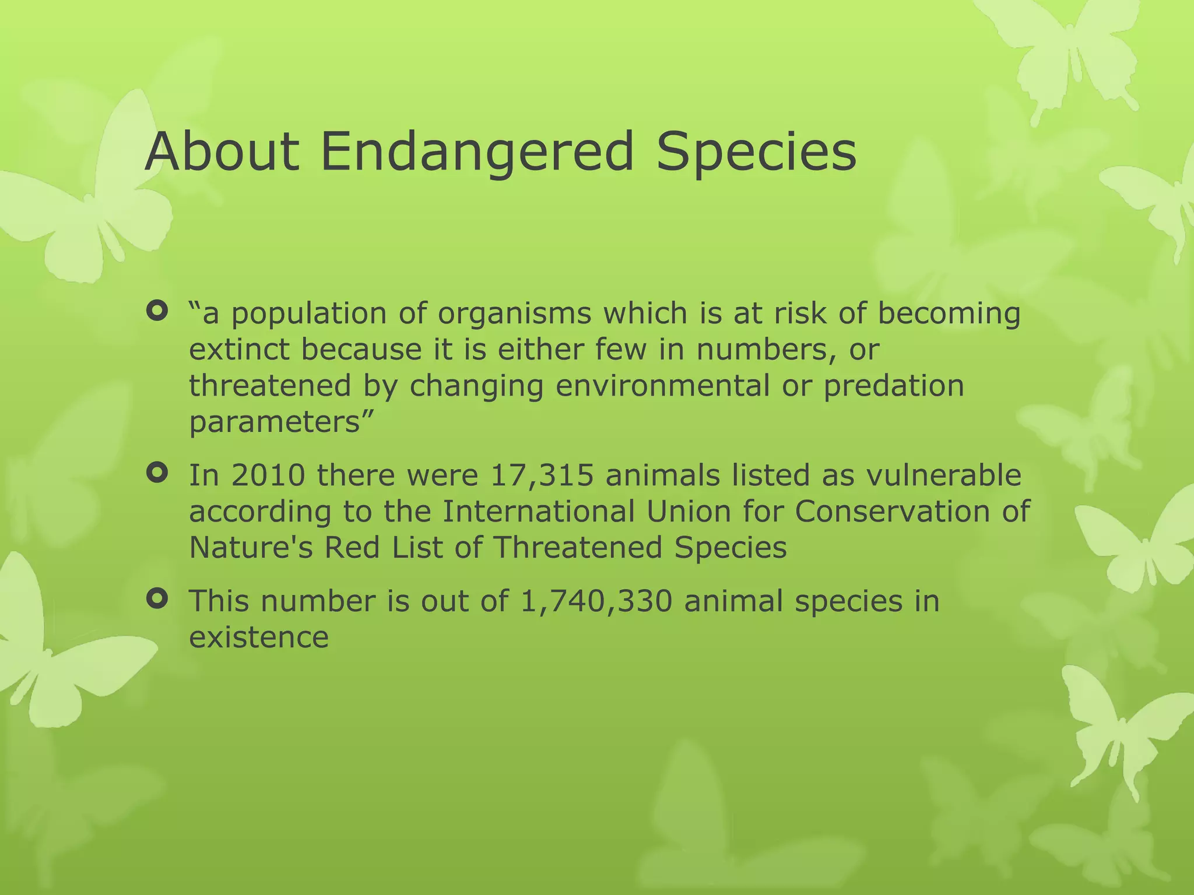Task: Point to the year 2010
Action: [268, 475]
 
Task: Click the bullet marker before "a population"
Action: [157, 312]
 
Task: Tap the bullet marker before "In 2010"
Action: [157, 473]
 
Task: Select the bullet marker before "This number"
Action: [157, 599]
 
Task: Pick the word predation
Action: [894, 386]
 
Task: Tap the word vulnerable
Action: [944, 475]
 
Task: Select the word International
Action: [538, 512]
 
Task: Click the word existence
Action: [259, 637]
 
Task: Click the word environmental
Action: [662, 386]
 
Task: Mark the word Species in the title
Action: [756, 153]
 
